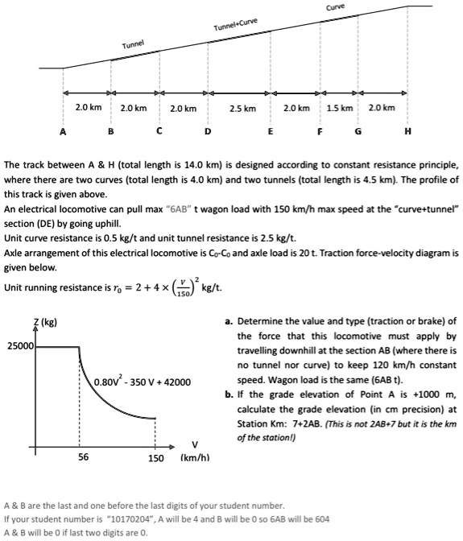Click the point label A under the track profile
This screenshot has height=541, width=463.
tap(62, 131)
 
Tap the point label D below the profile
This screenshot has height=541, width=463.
tap(209, 131)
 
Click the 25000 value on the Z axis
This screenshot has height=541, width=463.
tap(20, 346)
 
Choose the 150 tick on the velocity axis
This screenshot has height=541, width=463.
tap(156, 458)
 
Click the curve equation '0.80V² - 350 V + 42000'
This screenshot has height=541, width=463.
tap(142, 382)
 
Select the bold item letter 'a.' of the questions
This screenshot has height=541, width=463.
tap(229, 321)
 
